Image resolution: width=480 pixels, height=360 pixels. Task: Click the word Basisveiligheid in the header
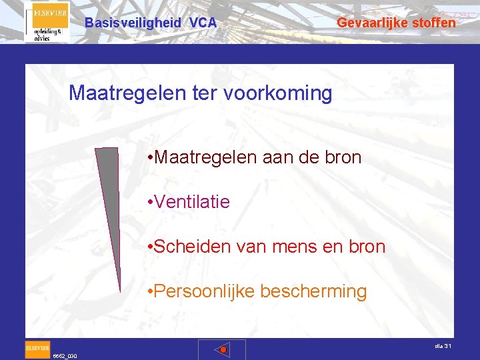point(133,23)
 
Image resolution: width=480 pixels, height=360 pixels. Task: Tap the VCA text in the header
point(203,23)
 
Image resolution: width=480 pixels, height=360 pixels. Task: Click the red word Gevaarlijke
point(369,23)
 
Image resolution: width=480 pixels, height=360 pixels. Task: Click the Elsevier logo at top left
point(47,22)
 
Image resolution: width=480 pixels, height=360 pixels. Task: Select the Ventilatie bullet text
point(191,201)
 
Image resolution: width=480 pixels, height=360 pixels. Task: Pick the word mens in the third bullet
point(292,247)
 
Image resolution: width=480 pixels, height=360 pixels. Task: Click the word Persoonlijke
point(203,291)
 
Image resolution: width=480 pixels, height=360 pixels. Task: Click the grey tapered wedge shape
point(107,200)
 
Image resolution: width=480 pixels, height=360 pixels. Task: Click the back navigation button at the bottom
point(222,349)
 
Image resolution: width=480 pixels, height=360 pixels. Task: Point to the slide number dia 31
point(443,345)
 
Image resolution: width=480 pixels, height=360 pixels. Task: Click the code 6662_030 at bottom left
point(65,356)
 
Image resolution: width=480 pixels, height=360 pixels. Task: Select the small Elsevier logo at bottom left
point(37,347)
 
